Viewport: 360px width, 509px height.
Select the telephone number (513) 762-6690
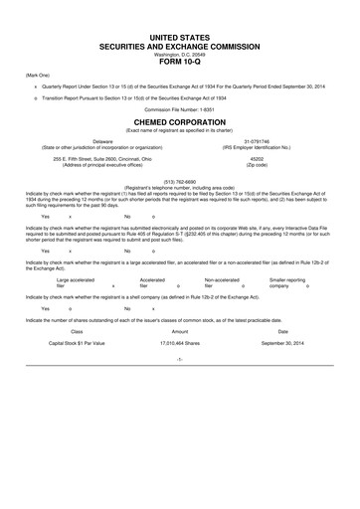coord(180,181)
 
